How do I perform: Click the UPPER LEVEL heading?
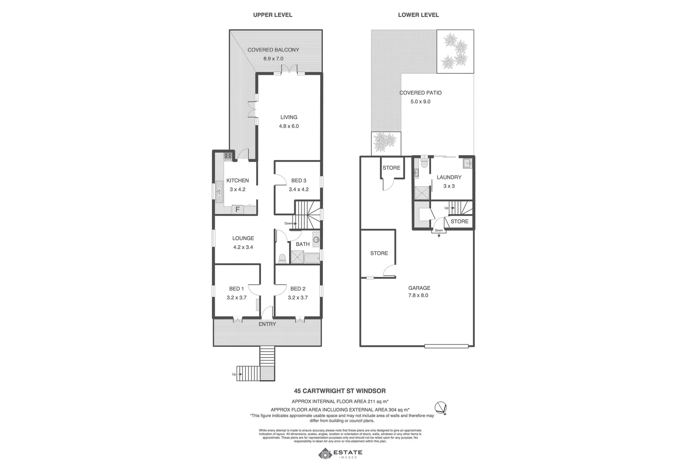(272, 15)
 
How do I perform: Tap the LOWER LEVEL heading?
(418, 15)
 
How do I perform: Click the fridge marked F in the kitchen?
(237, 210)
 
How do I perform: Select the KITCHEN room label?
(238, 180)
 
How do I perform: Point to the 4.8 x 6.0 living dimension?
(289, 127)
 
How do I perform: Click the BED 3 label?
(299, 180)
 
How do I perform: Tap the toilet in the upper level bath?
(282, 259)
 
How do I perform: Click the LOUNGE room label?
(243, 238)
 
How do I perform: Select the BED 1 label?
(236, 289)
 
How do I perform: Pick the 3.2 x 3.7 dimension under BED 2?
(298, 298)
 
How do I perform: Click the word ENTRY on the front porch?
(267, 324)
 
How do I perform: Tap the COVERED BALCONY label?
(273, 50)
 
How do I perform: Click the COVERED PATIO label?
(420, 93)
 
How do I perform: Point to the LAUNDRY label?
(449, 177)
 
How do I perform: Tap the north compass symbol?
(441, 408)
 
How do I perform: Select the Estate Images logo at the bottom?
(340, 454)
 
